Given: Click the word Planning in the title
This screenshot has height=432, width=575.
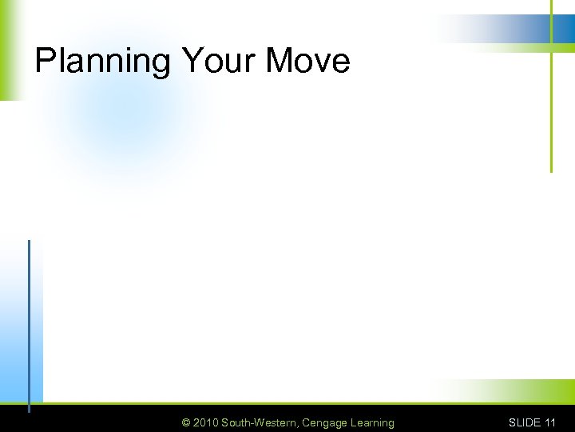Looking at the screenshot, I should (103, 62).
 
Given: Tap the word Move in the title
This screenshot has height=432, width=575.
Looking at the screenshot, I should (307, 61).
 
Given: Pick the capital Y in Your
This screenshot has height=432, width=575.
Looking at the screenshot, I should (192, 61).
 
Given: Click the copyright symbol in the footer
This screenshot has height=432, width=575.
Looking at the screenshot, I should (186, 422).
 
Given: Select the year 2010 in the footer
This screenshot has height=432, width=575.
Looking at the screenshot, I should (206, 422).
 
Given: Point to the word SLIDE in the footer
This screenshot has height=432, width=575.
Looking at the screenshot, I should (525, 422).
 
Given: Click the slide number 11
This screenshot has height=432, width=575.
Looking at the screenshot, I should (550, 422).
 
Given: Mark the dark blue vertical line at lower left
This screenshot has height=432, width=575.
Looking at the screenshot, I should (29, 320).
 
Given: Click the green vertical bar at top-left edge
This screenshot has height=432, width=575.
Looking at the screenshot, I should (6, 48).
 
